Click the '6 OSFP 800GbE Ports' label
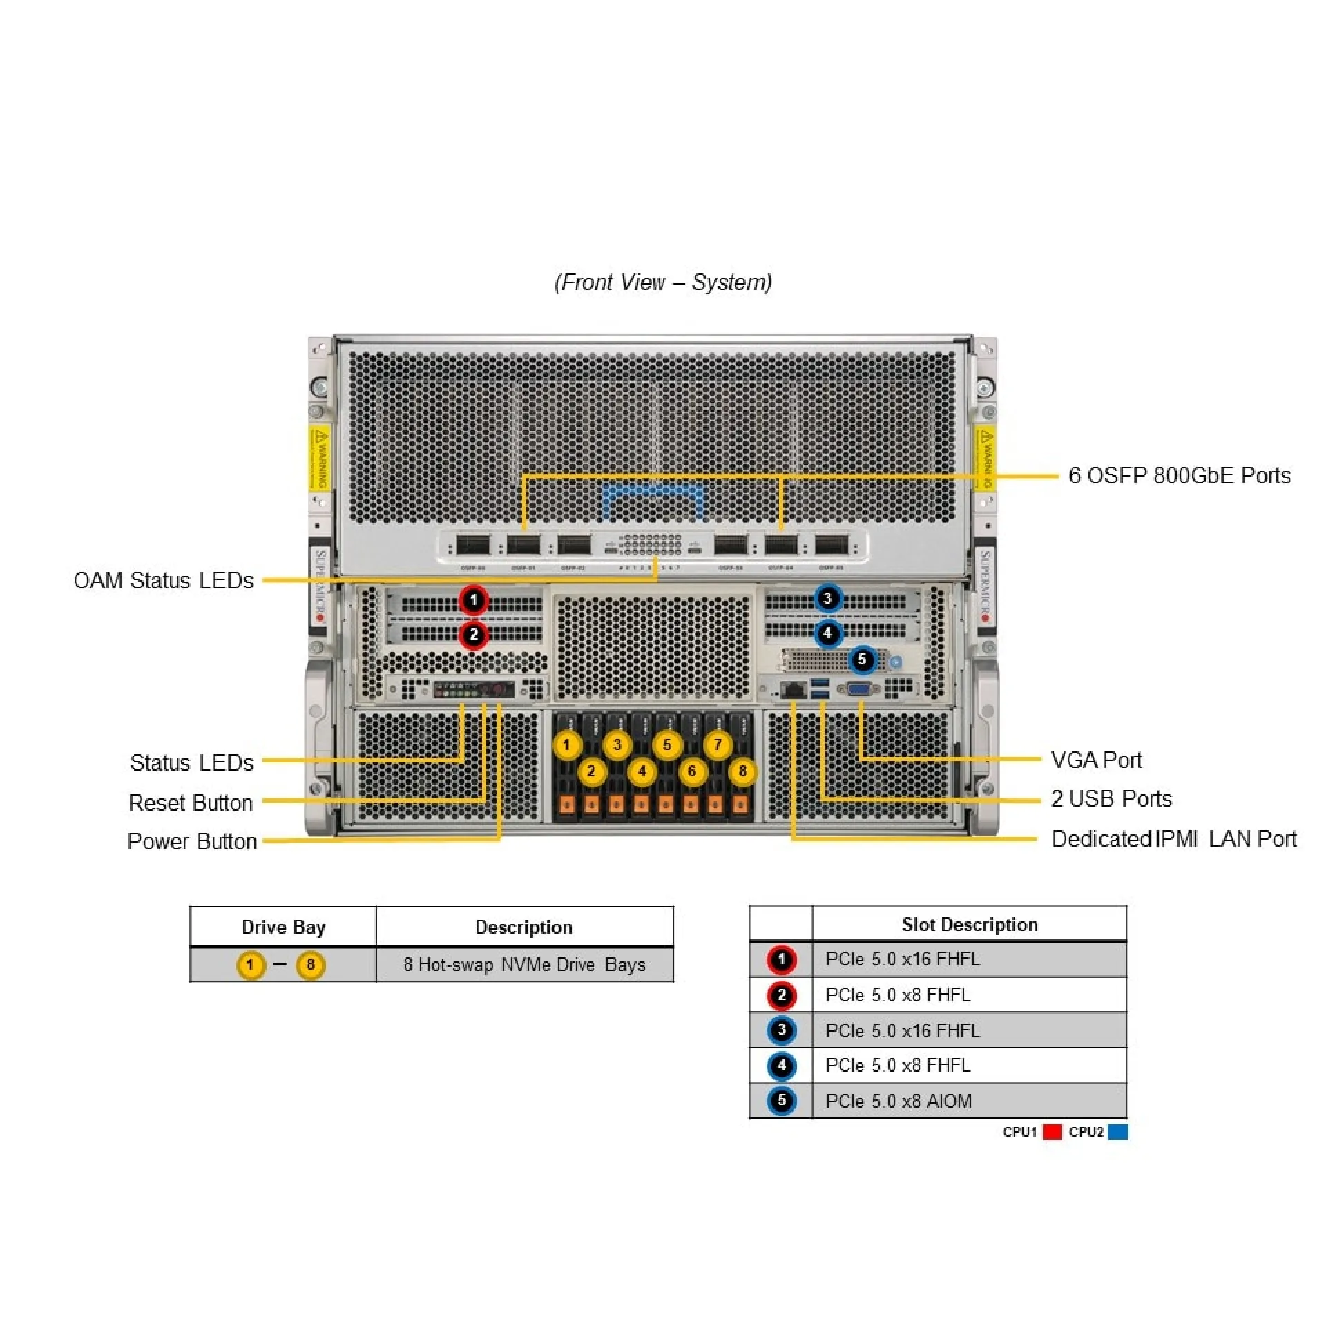[x=1179, y=475]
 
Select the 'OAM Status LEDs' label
[x=164, y=580]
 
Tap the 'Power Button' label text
[x=192, y=841]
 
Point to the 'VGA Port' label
[x=1096, y=760]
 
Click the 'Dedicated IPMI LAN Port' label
[x=1173, y=838]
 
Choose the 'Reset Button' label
[x=191, y=803]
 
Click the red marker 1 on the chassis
[x=474, y=599]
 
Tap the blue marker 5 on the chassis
[x=862, y=660]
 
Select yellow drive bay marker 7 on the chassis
[x=718, y=744]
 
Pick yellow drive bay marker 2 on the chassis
[x=591, y=771]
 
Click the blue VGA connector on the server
[x=860, y=689]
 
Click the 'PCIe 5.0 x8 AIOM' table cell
[x=899, y=1101]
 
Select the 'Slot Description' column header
[x=970, y=924]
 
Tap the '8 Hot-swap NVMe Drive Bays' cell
[x=524, y=964]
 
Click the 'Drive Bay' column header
[x=283, y=927]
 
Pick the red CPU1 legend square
[x=1052, y=1132]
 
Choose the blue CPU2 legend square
[x=1117, y=1132]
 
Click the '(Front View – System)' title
[x=663, y=282]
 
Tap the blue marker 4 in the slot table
[x=781, y=1066]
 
